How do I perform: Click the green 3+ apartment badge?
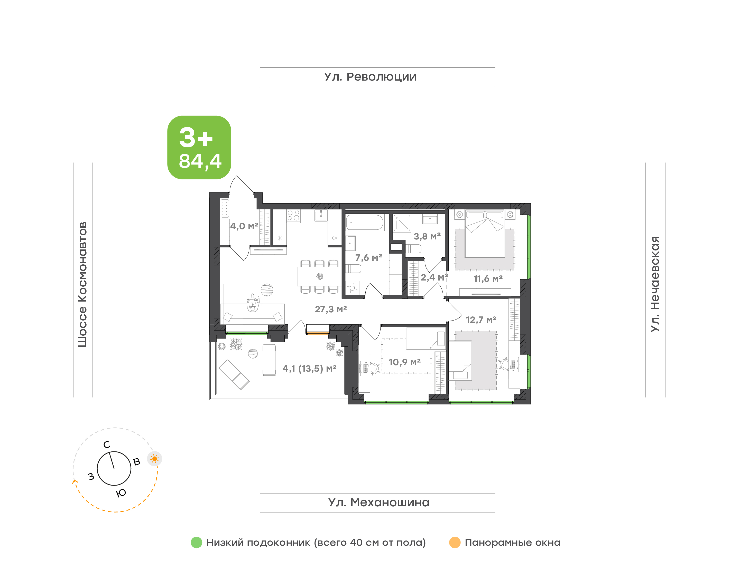point(199,147)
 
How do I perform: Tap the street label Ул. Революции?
point(370,77)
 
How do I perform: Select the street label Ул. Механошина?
point(379,502)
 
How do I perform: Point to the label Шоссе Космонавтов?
point(82,284)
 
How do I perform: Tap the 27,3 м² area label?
point(331,309)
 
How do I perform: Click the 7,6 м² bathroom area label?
point(368,258)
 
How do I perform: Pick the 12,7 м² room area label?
point(481,320)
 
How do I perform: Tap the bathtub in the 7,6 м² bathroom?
point(365,223)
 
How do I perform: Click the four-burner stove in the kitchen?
point(293,215)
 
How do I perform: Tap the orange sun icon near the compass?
point(155,459)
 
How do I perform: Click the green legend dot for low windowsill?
point(197,542)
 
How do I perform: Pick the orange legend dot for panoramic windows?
point(455,542)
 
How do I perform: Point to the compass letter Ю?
point(121,493)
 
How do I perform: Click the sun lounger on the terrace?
point(234,374)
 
